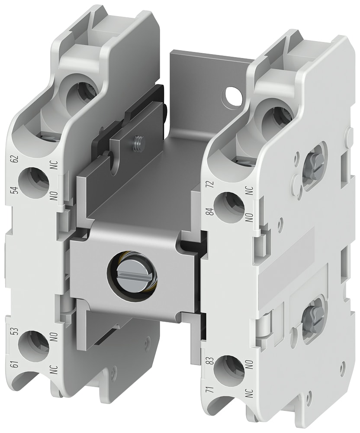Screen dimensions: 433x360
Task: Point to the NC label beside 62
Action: (x=54, y=168)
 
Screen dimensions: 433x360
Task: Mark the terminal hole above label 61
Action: (x=33, y=346)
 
